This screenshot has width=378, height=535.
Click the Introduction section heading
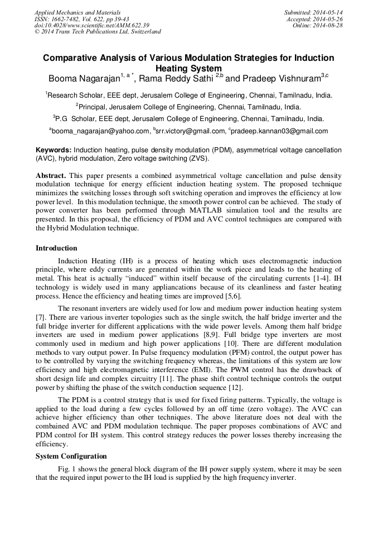pos(56,248)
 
